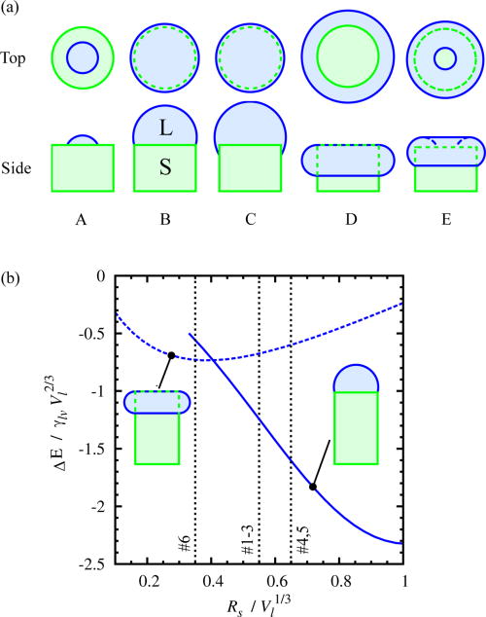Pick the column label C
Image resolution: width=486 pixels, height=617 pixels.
coord(251,218)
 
